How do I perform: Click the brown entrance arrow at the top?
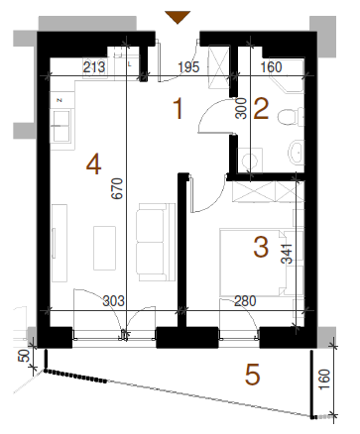pos(178,17)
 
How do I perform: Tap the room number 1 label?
pos(179,109)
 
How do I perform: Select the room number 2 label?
pos(261,109)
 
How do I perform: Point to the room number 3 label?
pos(261,248)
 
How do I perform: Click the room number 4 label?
pos(93,164)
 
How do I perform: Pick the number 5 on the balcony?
pos(253,375)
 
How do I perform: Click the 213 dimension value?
pos(94,67)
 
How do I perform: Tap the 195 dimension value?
pos(188,67)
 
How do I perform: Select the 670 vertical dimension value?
pos(117,188)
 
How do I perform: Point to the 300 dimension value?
pos(241,108)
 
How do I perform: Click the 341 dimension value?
pos(287,254)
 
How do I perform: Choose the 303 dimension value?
pos(114,301)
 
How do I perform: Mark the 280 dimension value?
pos(245,301)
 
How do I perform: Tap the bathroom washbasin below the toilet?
pos(296,153)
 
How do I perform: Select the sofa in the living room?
pos(156,242)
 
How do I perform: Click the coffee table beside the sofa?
pos(104,248)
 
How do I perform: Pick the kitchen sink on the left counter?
pos(60,126)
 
